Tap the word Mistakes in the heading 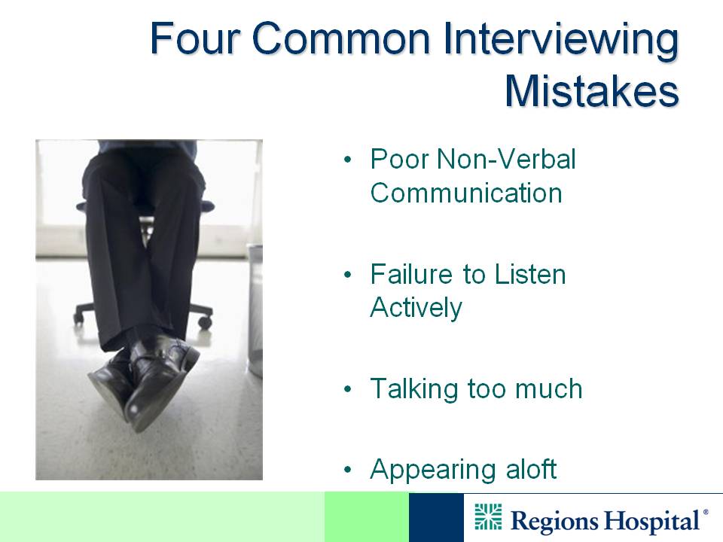592,90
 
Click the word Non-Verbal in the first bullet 506,159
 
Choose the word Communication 466,193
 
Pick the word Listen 530,274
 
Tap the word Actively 416,308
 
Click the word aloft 531,469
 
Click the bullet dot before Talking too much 348,389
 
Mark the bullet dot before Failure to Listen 348,276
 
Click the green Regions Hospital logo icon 488,517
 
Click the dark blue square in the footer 436,518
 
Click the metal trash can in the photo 255,309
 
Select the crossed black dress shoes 143,382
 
